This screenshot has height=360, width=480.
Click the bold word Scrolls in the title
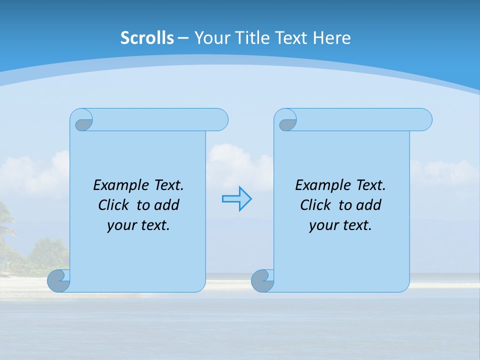click(147, 38)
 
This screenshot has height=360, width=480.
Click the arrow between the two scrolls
click(236, 199)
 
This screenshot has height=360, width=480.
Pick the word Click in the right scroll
click(314, 205)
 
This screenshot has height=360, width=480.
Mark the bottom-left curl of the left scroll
click(58, 280)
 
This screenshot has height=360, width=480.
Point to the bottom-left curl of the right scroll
click(262, 280)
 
